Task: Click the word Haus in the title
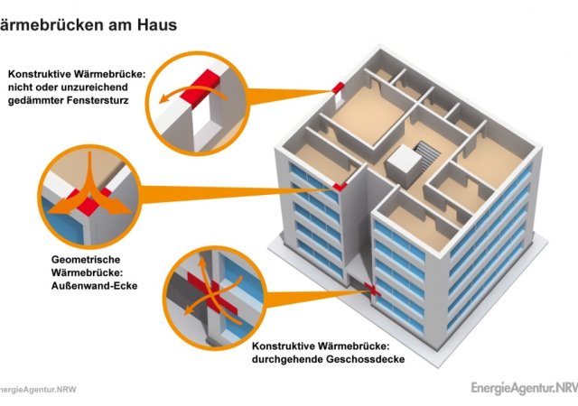click(x=157, y=24)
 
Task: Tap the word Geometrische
click(x=86, y=259)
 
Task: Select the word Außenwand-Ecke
click(x=94, y=285)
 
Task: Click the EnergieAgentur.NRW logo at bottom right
click(x=524, y=388)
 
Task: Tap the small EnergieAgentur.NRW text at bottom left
click(x=38, y=390)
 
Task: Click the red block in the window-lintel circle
click(x=200, y=87)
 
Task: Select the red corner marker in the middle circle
click(x=89, y=201)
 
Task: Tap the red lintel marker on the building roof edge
click(x=338, y=88)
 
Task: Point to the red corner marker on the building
click(x=340, y=187)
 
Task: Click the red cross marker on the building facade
click(x=372, y=289)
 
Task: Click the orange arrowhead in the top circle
click(x=163, y=98)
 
